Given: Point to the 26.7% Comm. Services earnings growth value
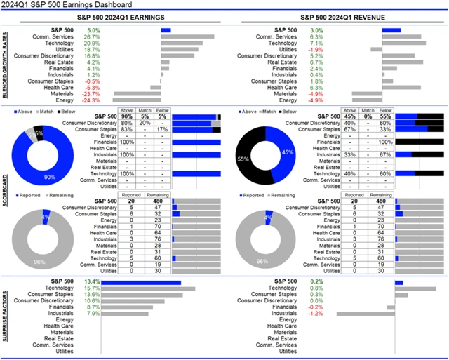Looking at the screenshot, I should [92, 37].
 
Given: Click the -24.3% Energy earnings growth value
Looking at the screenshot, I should [91, 100].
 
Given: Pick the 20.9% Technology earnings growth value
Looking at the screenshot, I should [92, 44].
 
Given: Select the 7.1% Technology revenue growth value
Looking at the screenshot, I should [316, 44].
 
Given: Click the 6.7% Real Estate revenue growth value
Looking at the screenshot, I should [316, 62].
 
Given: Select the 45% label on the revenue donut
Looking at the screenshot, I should [286, 151].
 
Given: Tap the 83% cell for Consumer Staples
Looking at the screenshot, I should [127, 130].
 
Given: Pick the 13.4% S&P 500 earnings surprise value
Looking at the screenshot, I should [92, 282].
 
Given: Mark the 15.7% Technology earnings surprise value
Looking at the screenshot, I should [92, 288].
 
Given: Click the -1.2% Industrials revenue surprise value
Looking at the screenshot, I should [316, 314].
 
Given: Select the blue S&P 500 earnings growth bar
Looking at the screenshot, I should [166, 31].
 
